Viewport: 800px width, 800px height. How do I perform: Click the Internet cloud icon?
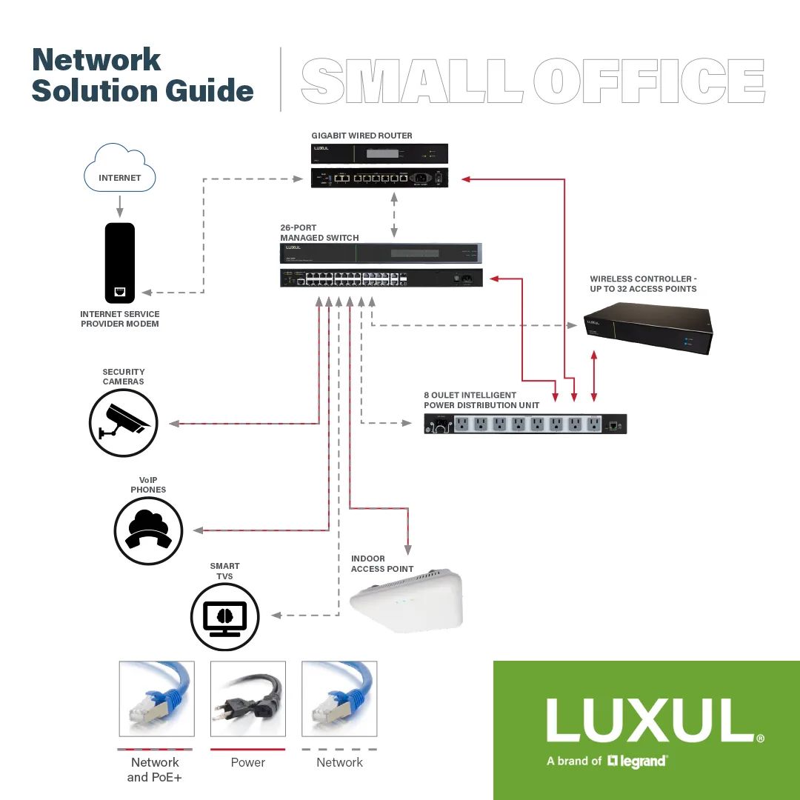click(x=120, y=169)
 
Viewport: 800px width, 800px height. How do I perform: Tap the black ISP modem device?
click(x=120, y=262)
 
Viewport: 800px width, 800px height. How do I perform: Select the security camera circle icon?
click(x=124, y=423)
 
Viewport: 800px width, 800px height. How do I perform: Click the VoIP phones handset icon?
click(x=148, y=530)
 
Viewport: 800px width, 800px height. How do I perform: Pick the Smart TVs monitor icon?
click(x=224, y=616)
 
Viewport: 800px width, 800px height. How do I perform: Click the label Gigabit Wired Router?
click(x=361, y=136)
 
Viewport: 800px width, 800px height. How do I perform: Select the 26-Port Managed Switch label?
click(x=319, y=233)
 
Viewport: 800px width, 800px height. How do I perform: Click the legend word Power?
click(x=248, y=762)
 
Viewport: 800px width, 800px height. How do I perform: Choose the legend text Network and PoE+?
click(x=155, y=769)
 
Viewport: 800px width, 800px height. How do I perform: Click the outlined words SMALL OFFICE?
click(x=533, y=81)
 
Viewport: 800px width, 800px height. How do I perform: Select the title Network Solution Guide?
click(x=142, y=76)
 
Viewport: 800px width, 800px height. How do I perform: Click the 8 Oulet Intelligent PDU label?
click(x=481, y=400)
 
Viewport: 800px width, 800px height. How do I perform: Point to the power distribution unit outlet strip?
click(x=525, y=424)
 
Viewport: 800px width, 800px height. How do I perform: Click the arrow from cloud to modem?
click(x=120, y=206)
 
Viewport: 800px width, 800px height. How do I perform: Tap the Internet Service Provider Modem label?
click(x=120, y=319)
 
